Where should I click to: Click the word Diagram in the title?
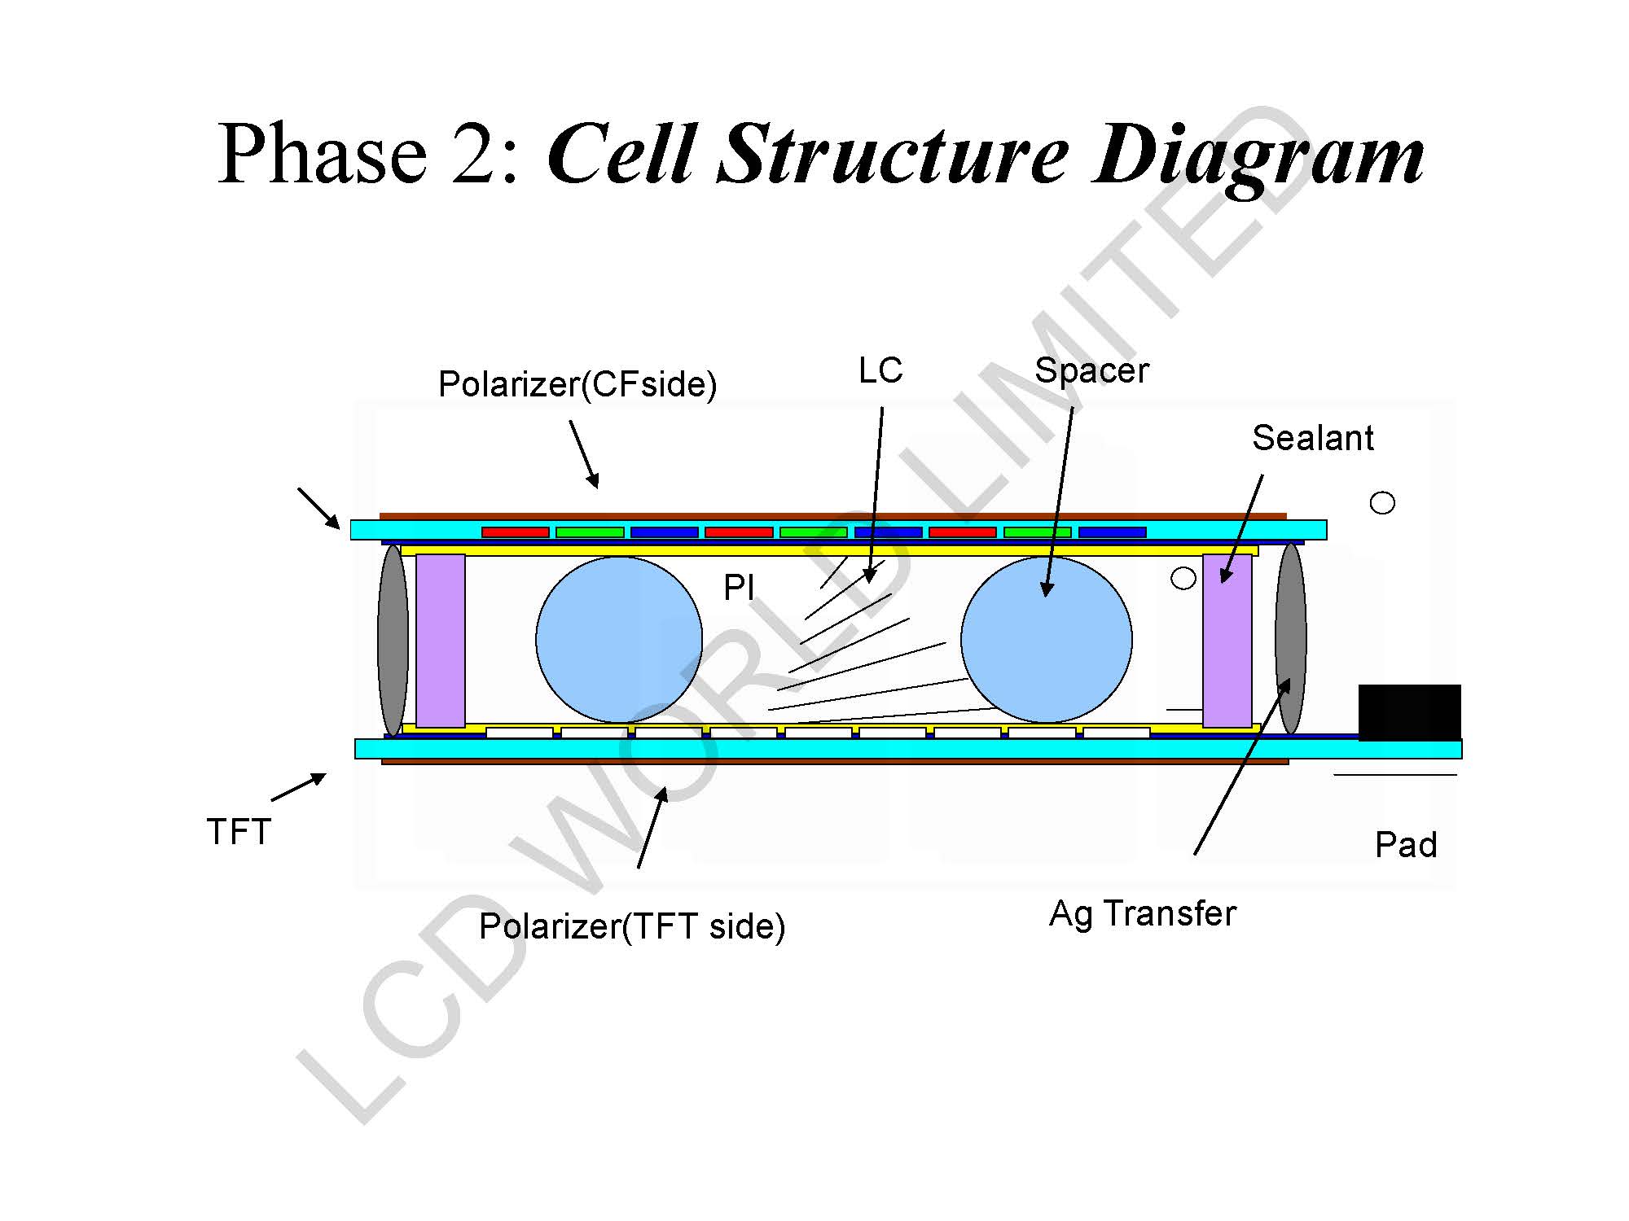pyautogui.click(x=1258, y=155)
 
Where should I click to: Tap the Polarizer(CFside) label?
pyautogui.click(x=577, y=384)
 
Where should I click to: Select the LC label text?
pyautogui.click(x=880, y=371)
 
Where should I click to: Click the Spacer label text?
pyautogui.click(x=1091, y=371)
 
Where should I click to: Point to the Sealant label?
pyautogui.click(x=1312, y=438)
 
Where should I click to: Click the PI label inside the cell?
pyautogui.click(x=739, y=587)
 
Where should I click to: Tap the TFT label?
pyautogui.click(x=239, y=832)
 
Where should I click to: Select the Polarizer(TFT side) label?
pyautogui.click(x=631, y=926)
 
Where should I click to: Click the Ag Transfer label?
pyautogui.click(x=1142, y=913)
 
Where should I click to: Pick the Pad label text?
pyautogui.click(x=1405, y=845)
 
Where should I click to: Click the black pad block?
pyautogui.click(x=1409, y=712)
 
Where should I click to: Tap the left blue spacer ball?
pyautogui.click(x=619, y=639)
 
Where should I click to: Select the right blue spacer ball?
pyautogui.click(x=1047, y=639)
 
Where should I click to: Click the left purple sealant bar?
pyautogui.click(x=441, y=641)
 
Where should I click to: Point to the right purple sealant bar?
pyautogui.click(x=1227, y=641)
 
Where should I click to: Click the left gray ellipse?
pyautogui.click(x=393, y=640)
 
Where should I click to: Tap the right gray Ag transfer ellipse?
pyautogui.click(x=1291, y=638)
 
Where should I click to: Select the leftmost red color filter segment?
pyautogui.click(x=515, y=532)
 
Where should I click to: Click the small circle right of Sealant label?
pyautogui.click(x=1382, y=503)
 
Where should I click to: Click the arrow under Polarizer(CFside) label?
pyautogui.click(x=584, y=454)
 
